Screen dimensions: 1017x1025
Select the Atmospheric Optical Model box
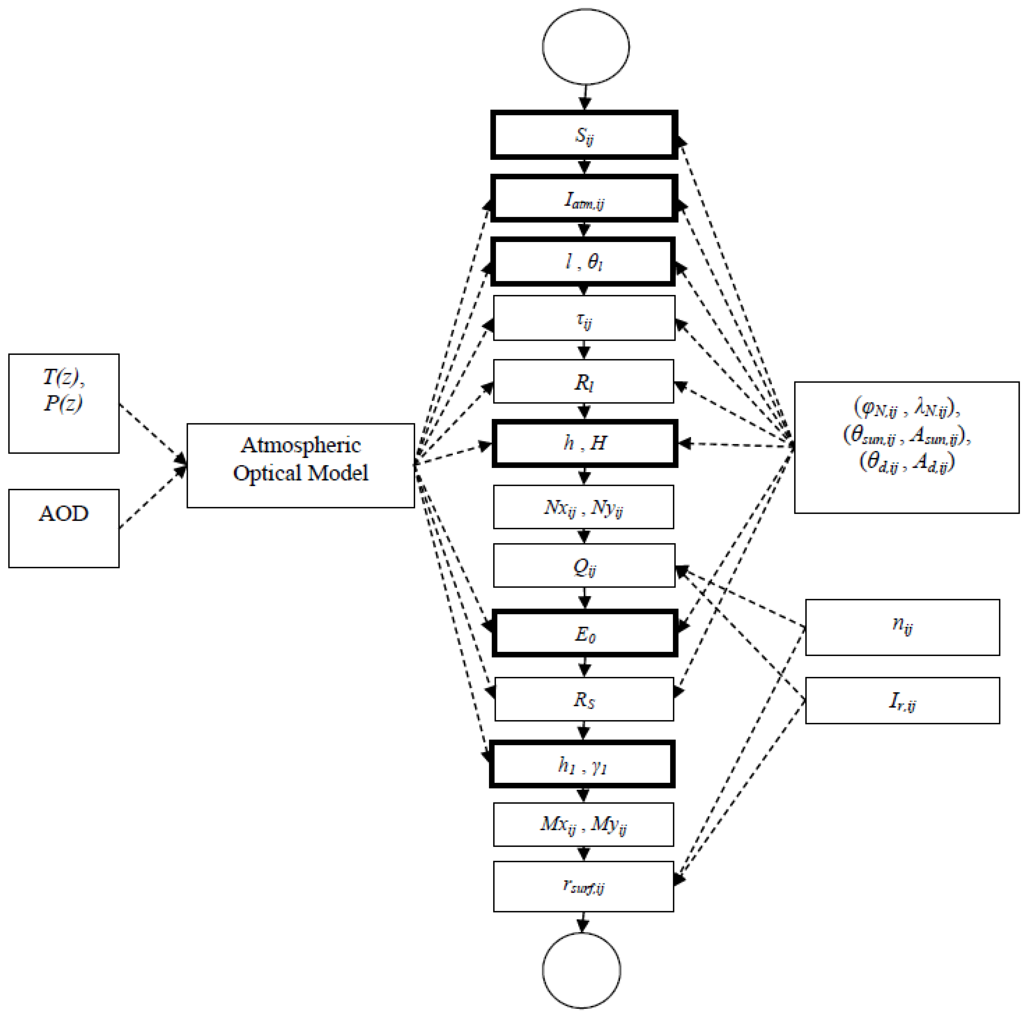point(300,465)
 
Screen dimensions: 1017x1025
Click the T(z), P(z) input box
point(64,403)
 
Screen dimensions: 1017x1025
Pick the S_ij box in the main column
point(584,135)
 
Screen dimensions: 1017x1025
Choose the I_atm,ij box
point(584,198)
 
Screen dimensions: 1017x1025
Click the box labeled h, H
point(584,443)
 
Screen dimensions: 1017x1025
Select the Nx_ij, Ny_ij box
point(584,507)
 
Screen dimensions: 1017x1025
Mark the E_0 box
point(584,633)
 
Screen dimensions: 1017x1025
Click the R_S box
point(584,699)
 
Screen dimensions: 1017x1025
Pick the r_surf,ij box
point(584,887)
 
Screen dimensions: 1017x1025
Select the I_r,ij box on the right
point(902,700)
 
